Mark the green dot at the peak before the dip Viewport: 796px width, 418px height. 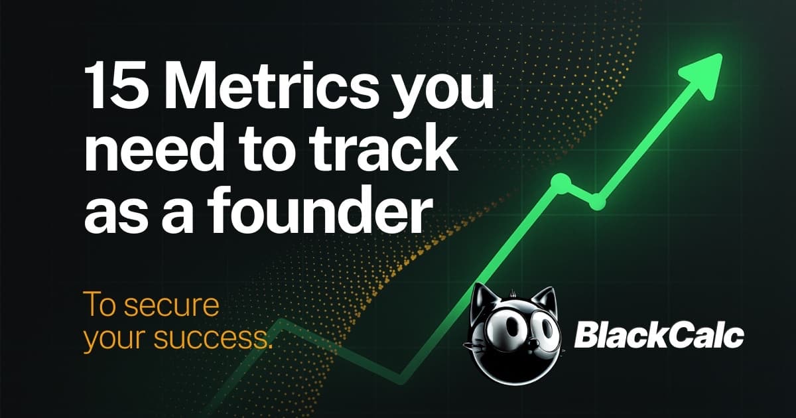click(561, 183)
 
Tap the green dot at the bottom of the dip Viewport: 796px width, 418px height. click(598, 201)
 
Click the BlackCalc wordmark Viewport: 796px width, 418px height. click(658, 336)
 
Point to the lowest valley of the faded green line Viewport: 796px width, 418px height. click(399, 380)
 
